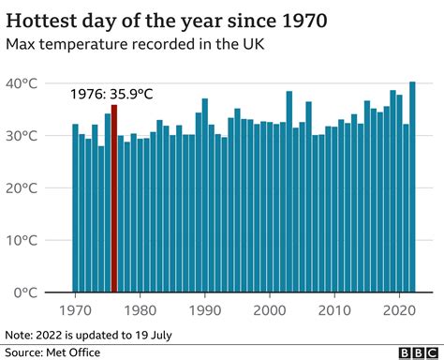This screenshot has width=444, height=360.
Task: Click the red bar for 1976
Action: click(114, 199)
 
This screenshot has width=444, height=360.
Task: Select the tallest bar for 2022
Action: click(412, 187)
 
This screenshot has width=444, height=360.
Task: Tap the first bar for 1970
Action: click(76, 208)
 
